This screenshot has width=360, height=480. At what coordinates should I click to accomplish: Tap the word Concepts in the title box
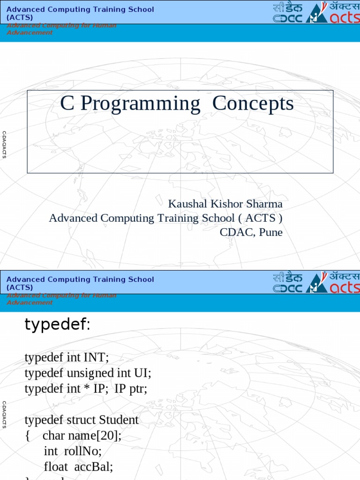pos(253,104)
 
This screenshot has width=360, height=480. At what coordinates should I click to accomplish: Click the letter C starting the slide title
pos(67,104)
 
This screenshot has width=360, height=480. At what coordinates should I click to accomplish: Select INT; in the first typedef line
pos(96,358)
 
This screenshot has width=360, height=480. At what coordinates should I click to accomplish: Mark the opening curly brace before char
pos(28,436)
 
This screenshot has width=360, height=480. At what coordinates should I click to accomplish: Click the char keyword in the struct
pos(53,435)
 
